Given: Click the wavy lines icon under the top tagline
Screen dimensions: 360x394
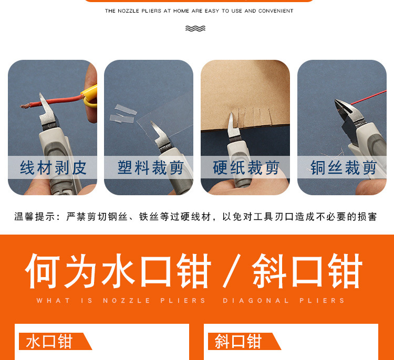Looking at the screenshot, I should click(x=195, y=28).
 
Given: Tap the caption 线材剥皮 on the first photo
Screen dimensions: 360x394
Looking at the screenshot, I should click(x=53, y=168).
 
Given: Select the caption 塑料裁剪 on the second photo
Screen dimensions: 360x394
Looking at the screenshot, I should click(x=150, y=168).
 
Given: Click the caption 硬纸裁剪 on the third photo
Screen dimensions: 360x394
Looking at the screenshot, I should click(x=246, y=168).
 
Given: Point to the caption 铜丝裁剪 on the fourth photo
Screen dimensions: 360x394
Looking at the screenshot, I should click(x=344, y=168).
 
